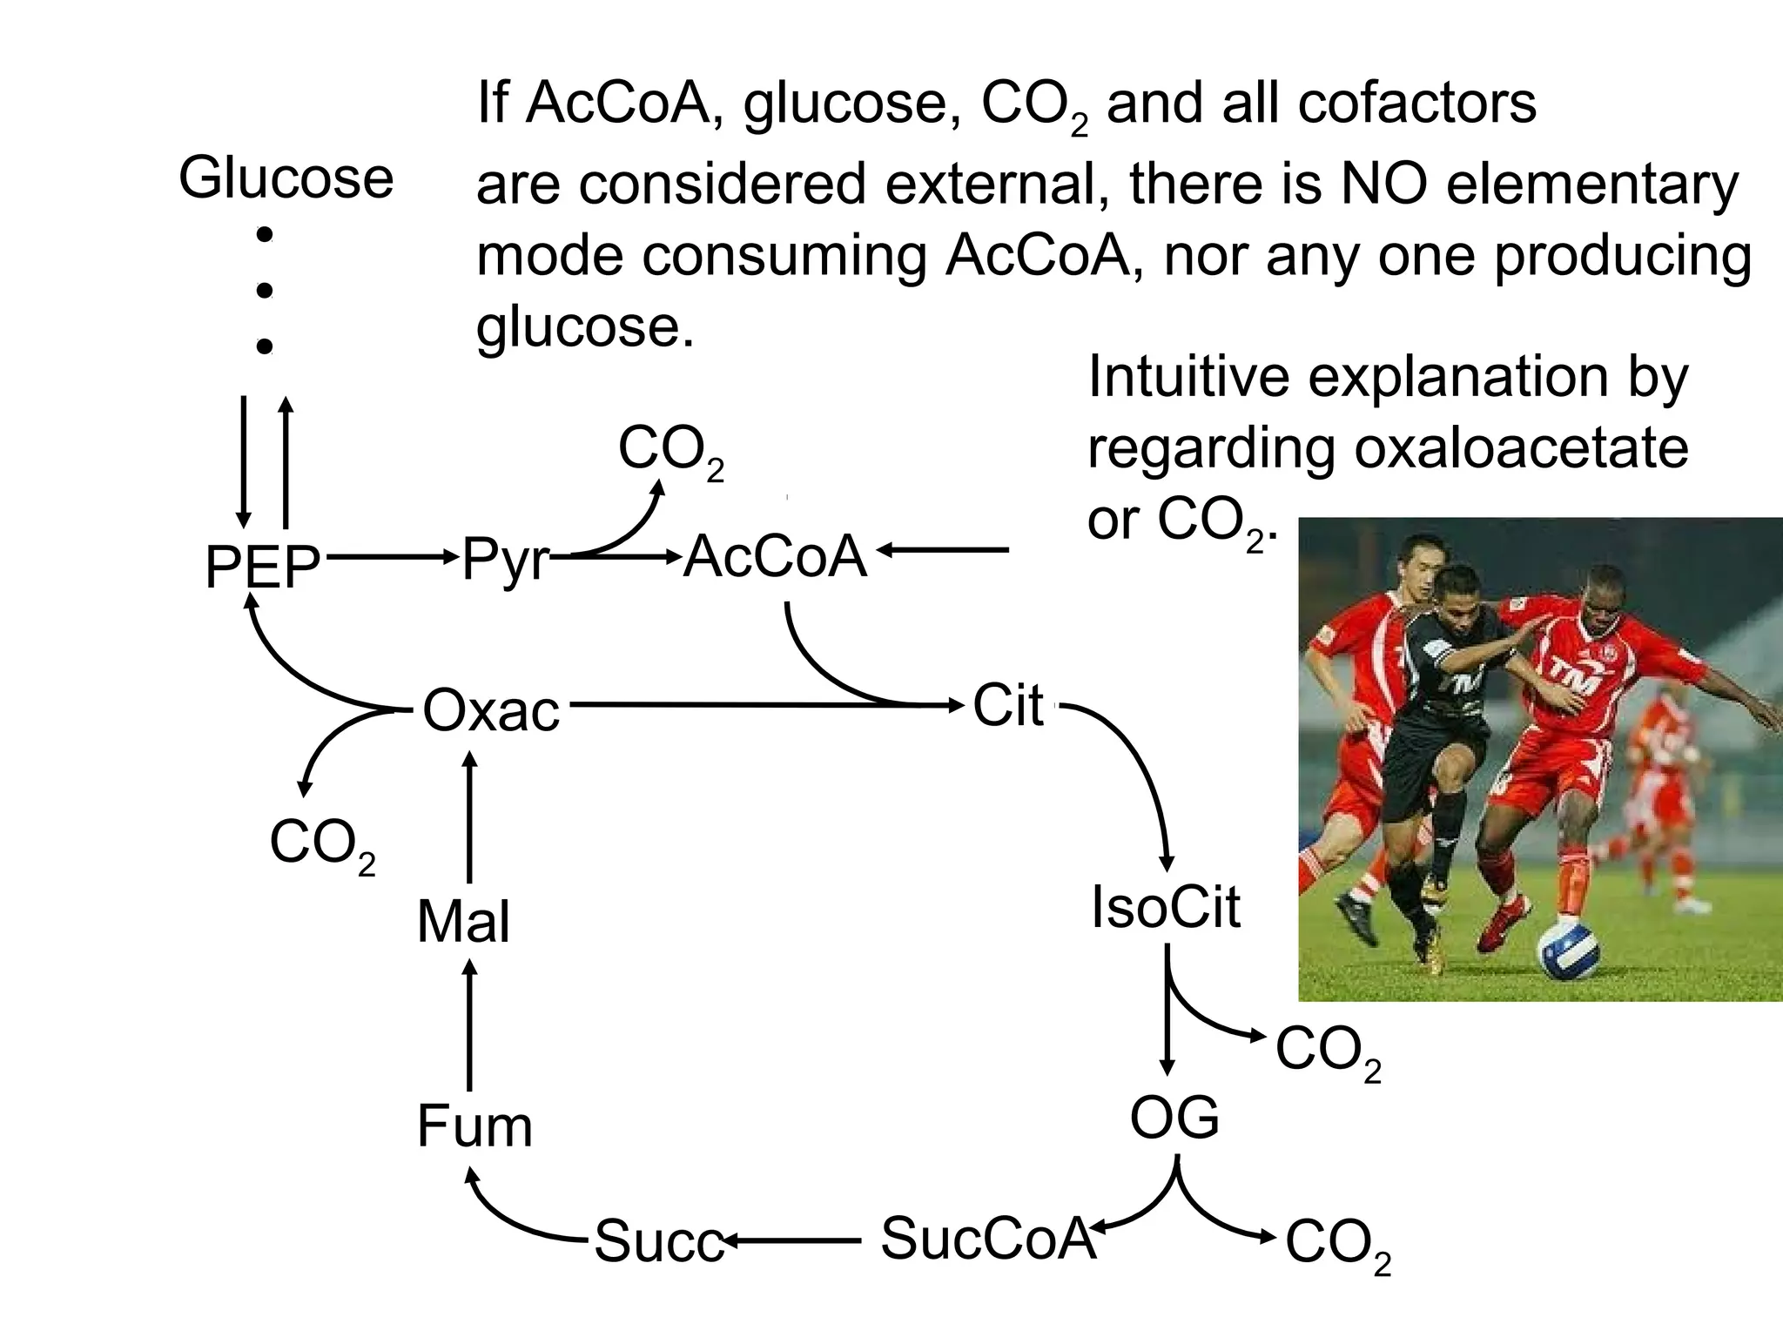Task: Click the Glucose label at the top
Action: pos(286,178)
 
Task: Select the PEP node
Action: pos(262,567)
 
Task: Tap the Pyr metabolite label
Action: pos(505,558)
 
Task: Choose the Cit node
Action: pos(1007,705)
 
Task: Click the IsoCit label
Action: pos(1165,907)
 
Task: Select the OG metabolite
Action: pos(1174,1118)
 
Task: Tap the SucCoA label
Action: pos(986,1238)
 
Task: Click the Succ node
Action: pos(659,1241)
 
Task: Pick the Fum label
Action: pos(474,1126)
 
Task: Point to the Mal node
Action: pos(463,922)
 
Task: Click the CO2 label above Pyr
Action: pos(670,451)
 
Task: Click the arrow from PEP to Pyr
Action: pos(392,555)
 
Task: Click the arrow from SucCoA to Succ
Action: pos(792,1240)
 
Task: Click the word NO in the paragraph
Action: pos(1384,184)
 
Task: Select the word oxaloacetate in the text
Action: pos(1520,448)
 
